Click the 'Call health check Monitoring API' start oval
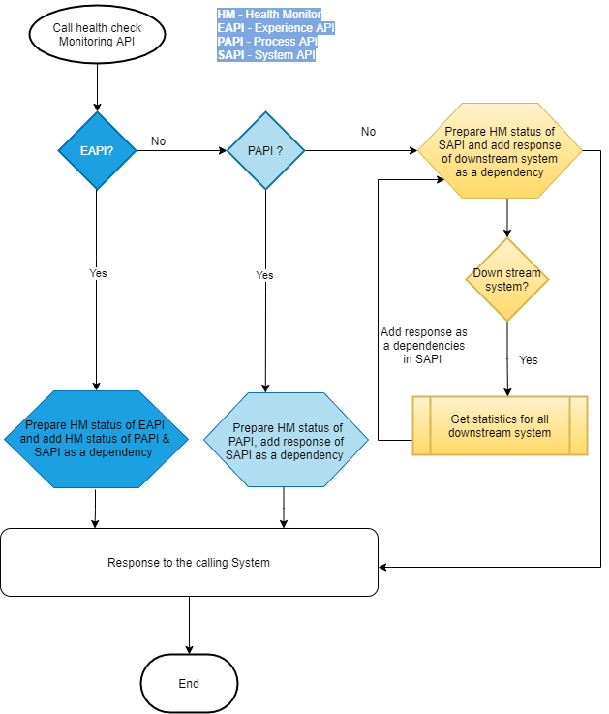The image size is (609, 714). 97,35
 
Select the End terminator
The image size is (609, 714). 189,683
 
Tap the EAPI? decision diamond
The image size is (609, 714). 97,150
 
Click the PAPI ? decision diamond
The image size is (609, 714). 264,150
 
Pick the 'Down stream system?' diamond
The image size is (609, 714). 507,280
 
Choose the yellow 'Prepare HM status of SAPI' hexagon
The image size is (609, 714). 500,152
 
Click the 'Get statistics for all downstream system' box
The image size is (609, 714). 500,425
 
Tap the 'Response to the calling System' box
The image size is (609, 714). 189,562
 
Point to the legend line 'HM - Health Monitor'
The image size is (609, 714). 268,15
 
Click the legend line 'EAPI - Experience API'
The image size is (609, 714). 276,28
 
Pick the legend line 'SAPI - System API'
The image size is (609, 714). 266,55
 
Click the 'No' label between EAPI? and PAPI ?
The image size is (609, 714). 158,141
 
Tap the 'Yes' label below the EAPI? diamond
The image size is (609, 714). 98,273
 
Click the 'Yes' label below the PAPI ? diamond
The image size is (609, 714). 264,275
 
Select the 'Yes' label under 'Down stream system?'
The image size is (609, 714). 528,359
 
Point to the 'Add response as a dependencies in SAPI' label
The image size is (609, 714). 422,346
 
